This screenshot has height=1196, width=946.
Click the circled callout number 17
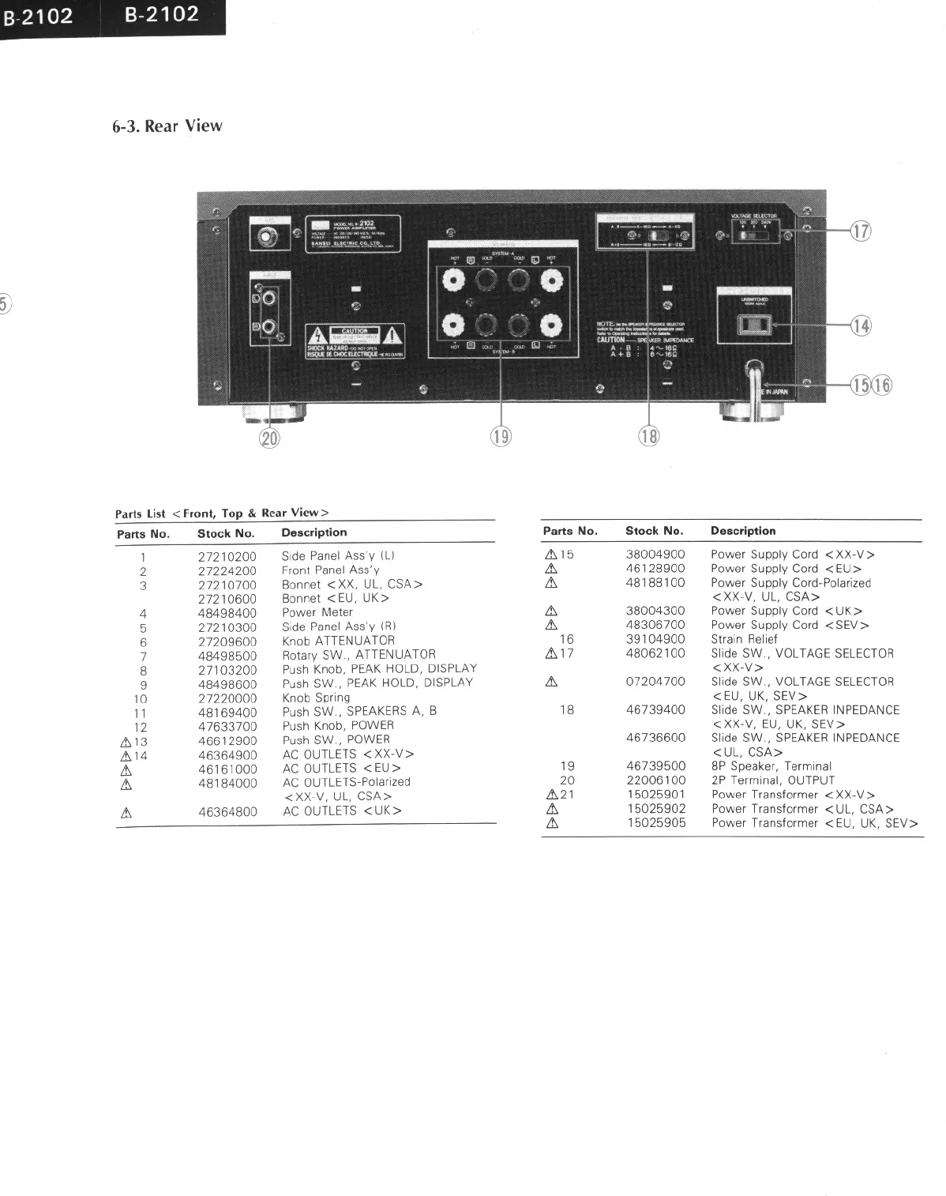860,231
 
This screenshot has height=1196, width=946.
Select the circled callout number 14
860,325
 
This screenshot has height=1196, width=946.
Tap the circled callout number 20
270,437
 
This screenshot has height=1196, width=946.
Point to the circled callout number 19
501,435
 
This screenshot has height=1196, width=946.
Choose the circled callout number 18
648,435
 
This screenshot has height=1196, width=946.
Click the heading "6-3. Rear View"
167,126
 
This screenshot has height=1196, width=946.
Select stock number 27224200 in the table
227,570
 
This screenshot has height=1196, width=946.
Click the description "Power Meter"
317,612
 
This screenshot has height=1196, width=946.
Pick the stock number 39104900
655,639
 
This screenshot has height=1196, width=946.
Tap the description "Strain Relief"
744,639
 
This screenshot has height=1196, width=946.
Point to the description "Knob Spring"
316,698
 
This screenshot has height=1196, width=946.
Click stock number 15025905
655,823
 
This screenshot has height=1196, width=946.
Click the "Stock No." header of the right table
654,531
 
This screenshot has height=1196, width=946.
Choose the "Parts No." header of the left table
143,534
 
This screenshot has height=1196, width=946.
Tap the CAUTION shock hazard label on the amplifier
355,342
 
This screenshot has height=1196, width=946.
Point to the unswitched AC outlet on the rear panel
754,325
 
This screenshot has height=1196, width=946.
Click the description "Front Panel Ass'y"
330,570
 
